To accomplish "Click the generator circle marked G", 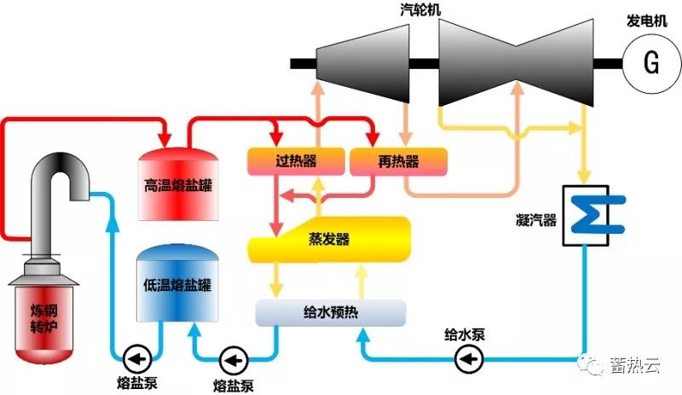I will click(x=650, y=63).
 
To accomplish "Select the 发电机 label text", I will click(x=650, y=19).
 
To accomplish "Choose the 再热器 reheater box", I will click(x=397, y=160).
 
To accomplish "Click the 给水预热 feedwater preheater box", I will click(x=331, y=311).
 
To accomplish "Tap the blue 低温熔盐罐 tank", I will click(x=177, y=285).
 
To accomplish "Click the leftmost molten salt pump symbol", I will click(x=135, y=355).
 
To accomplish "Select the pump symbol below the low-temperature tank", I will click(x=232, y=356).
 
